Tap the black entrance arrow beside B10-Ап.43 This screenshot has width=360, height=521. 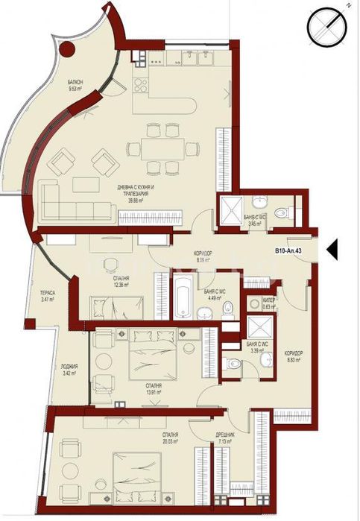(x=332, y=249)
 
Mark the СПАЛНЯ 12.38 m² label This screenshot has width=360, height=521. (x=113, y=281)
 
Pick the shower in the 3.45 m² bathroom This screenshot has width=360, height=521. (x=227, y=209)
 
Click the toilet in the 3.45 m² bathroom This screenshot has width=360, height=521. (x=282, y=212)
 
